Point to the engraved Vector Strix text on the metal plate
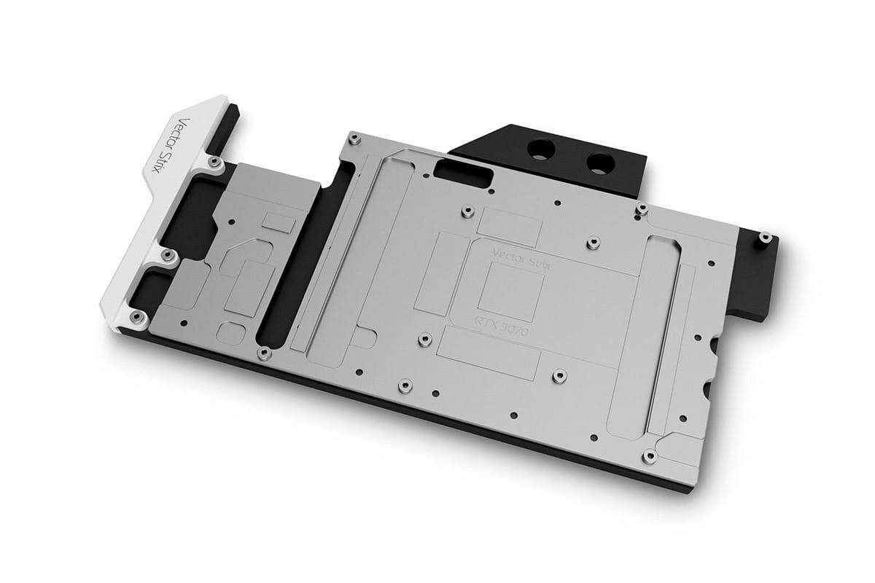523,259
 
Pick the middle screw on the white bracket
167,254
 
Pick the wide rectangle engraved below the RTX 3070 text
490,357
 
